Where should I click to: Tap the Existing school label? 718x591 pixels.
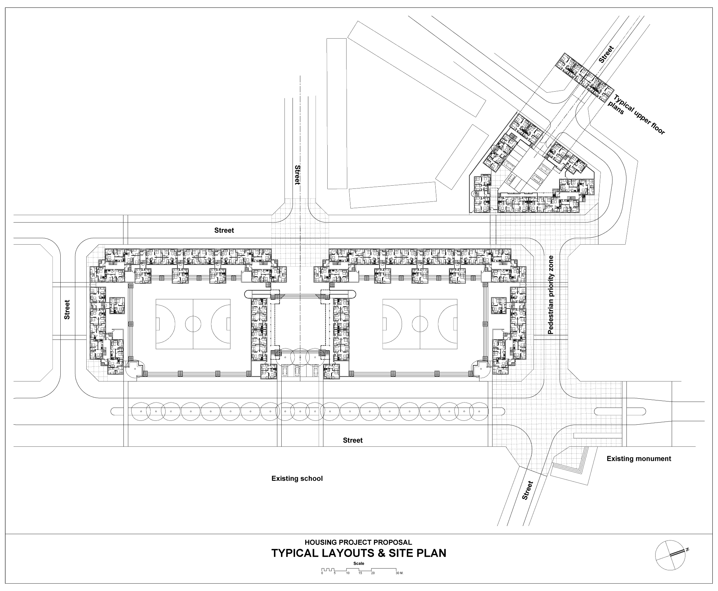tap(297, 478)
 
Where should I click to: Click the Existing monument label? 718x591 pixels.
tap(639, 458)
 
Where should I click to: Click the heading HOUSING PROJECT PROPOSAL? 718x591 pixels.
tap(358, 542)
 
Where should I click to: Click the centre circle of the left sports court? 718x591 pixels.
tap(193, 324)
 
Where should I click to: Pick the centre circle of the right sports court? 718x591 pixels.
tap(420, 324)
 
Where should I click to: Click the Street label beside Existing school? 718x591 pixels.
tap(353, 440)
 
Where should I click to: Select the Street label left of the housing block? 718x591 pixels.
tap(67, 309)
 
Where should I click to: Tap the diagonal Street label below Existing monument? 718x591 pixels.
tap(528, 490)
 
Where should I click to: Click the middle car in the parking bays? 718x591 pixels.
tap(297, 370)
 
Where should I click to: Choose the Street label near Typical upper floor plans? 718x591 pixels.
tap(606, 54)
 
